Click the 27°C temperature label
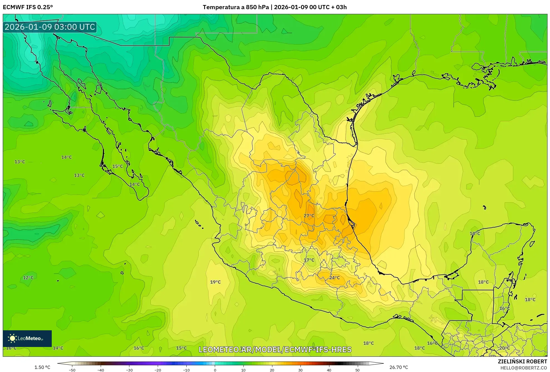click(309, 216)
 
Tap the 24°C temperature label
click(334, 277)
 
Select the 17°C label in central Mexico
click(309, 260)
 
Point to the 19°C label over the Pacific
click(215, 282)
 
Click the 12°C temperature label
click(28, 277)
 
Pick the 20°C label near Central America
click(504, 348)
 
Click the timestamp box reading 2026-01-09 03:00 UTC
click(50, 27)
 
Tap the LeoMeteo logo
click(27, 338)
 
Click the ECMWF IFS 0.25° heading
click(28, 7)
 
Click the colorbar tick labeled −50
click(72, 370)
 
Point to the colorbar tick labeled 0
click(215, 370)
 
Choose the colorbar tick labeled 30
click(300, 370)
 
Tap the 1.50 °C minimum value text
click(42, 367)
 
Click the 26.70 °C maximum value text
click(398, 367)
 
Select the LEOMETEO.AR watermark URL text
click(275, 349)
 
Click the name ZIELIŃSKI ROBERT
click(522, 361)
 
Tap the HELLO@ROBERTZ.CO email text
click(524, 368)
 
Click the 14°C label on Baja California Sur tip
click(135, 184)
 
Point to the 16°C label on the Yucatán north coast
click(475, 233)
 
